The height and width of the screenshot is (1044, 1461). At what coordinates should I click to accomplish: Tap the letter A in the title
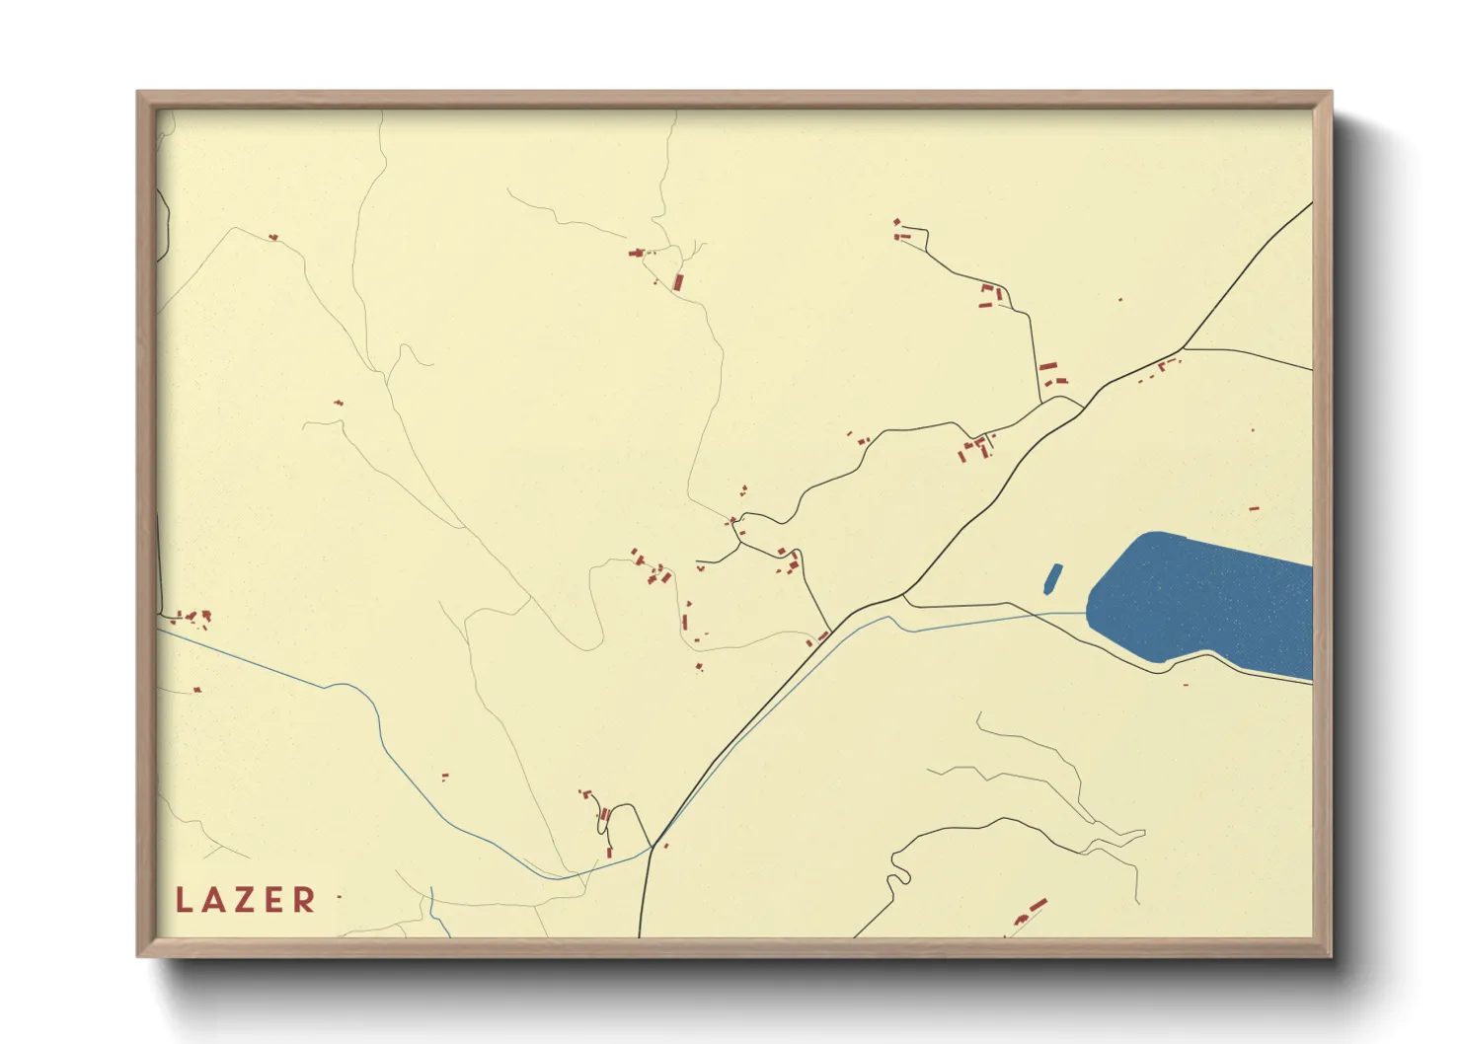tap(216, 899)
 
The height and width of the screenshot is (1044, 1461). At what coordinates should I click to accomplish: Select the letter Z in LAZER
tap(247, 899)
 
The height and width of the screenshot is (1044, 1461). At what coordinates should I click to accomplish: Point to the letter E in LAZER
tap(275, 899)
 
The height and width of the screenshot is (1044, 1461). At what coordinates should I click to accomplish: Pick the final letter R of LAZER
tap(305, 899)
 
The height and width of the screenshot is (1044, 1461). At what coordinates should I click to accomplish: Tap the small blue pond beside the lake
tap(1052, 578)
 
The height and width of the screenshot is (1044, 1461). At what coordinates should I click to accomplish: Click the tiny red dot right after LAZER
tap(339, 896)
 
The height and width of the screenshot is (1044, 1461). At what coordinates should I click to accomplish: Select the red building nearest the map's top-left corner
tap(272, 237)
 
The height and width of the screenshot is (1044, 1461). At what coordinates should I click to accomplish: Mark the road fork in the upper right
tap(1183, 348)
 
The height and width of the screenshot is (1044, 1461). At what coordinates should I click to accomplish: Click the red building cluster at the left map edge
tap(192, 618)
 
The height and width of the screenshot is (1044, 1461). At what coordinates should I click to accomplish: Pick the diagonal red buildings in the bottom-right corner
tap(1032, 911)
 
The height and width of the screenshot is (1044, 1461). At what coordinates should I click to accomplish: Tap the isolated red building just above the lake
tap(1254, 509)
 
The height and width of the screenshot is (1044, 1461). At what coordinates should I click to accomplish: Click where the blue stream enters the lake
tap(1087, 614)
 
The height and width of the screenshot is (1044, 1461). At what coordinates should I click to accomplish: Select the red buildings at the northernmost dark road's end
tap(899, 230)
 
